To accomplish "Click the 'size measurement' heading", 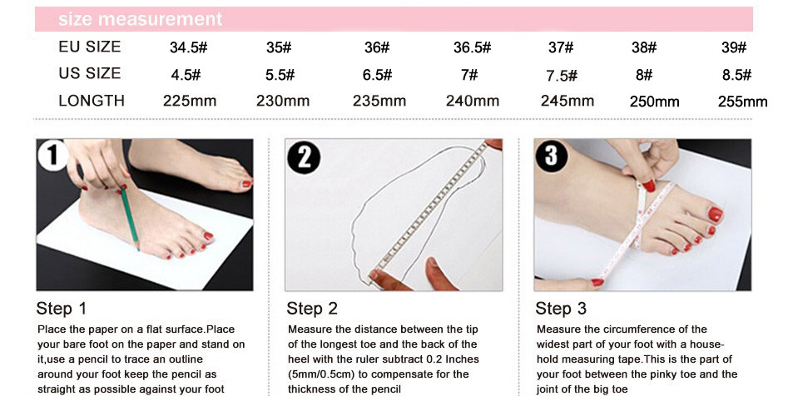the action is [140, 19].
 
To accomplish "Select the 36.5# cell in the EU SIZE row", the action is [472, 47].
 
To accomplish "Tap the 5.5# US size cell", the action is [280, 75].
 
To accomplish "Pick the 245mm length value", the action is [567, 101].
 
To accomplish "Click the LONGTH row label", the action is [91, 101].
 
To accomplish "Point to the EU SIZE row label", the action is [90, 47].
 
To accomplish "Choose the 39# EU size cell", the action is [734, 47].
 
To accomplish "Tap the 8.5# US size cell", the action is [736, 75].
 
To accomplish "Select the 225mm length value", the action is [190, 101].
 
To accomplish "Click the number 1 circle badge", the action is [52, 156].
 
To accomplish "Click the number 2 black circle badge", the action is [304, 157].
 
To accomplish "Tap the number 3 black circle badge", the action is [552, 156].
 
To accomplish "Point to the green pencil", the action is [129, 219].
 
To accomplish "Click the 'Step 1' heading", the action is [61, 308].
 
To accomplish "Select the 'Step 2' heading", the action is [311, 308].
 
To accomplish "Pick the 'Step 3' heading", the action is [560, 308].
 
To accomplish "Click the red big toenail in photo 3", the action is [715, 215].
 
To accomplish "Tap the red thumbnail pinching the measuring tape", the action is [649, 185].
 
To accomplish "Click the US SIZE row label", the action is [90, 73].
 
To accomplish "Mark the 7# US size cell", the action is [469, 75].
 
